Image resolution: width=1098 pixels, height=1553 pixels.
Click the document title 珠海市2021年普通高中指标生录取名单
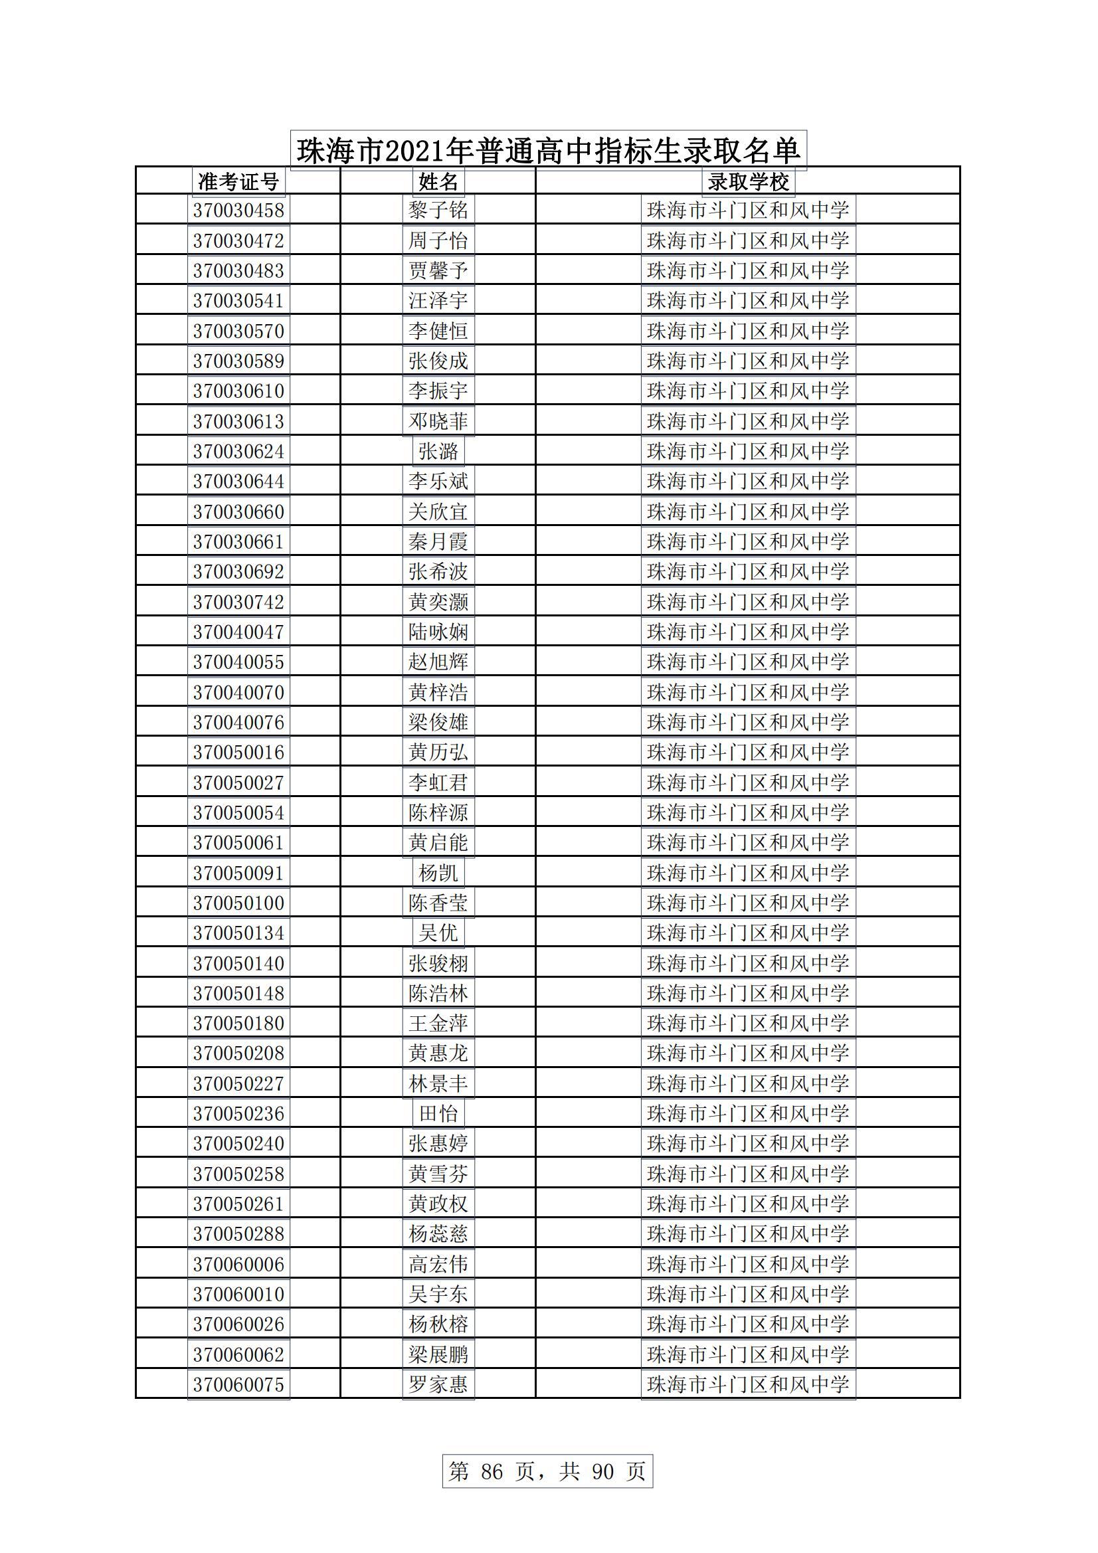click(x=548, y=150)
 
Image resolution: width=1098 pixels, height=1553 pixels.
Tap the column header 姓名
click(x=438, y=181)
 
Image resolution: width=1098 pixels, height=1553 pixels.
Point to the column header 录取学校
click(x=747, y=181)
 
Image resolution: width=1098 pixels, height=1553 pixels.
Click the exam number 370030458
click(x=238, y=211)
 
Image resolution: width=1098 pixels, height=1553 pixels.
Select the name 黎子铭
click(x=438, y=211)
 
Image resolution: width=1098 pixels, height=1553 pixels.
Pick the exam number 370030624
click(x=238, y=451)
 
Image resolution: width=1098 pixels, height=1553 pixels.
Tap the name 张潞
click(x=438, y=451)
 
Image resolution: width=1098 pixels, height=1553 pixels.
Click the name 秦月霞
click(x=438, y=542)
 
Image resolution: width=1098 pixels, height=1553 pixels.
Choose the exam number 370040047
click(x=238, y=632)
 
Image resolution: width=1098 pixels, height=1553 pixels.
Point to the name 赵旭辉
click(x=438, y=662)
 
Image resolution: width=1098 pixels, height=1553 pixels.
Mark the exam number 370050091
click(x=238, y=873)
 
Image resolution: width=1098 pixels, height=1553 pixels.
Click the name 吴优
click(x=438, y=933)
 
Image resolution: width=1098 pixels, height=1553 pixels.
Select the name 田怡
click(x=438, y=1113)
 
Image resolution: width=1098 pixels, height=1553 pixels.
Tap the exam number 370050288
click(x=238, y=1233)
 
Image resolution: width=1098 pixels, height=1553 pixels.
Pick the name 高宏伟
click(x=438, y=1264)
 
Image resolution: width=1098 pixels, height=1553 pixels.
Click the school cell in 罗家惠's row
click(x=747, y=1384)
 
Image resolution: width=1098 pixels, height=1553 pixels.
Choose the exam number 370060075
click(x=238, y=1384)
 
